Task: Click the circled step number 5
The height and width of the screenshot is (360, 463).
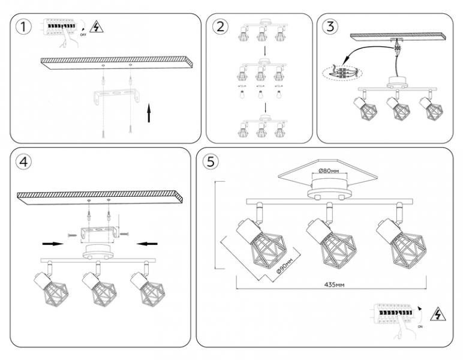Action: point(210,162)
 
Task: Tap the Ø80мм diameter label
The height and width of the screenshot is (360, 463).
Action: point(329,171)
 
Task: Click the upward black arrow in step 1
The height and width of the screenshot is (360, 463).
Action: point(149,112)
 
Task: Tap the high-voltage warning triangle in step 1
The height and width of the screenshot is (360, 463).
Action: point(95,26)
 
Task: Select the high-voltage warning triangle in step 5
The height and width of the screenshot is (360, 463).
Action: point(439,314)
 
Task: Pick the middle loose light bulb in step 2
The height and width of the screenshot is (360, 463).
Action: point(260,95)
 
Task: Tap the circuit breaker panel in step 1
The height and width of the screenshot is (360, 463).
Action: point(59,28)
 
